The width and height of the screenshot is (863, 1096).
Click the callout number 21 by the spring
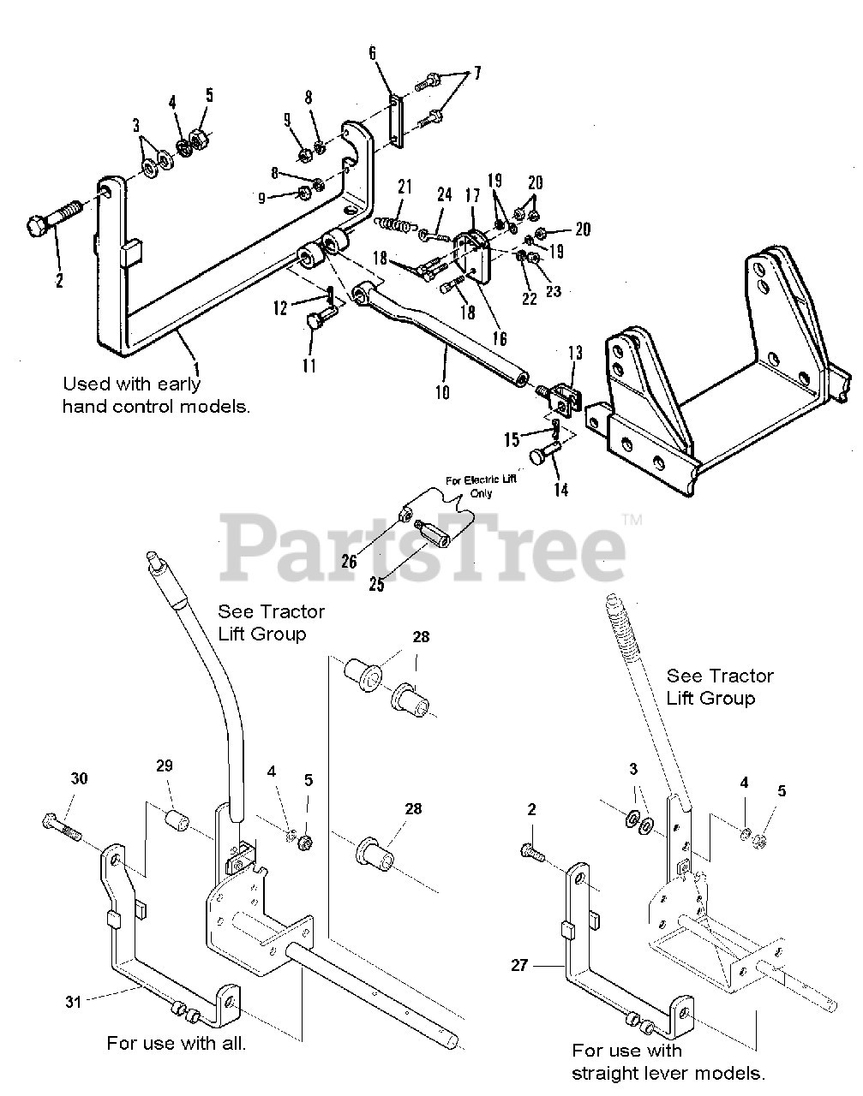click(405, 187)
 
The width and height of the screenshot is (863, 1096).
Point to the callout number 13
click(574, 352)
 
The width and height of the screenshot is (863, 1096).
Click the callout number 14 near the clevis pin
click(560, 490)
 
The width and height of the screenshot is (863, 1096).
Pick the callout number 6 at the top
click(373, 53)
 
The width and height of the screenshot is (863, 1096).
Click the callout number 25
click(376, 585)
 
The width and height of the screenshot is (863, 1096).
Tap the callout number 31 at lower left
click(75, 1000)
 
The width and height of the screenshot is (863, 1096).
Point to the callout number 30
click(79, 778)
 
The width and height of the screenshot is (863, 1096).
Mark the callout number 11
click(309, 366)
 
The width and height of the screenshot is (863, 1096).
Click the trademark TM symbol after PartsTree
click(632, 519)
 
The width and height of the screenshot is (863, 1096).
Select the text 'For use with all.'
click(176, 1043)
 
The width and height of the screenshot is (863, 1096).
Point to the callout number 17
click(472, 195)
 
